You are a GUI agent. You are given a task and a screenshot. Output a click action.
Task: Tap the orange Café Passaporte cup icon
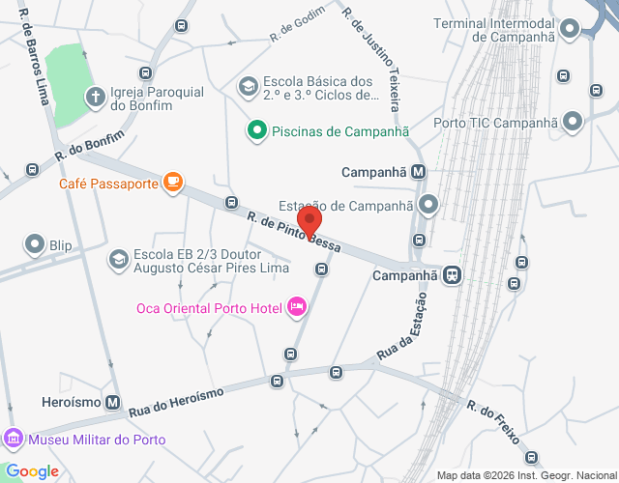point(173,182)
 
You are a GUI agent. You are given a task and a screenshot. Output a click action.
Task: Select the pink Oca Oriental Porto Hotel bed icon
point(296,307)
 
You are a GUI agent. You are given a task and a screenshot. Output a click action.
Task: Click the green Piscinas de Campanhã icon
point(256,129)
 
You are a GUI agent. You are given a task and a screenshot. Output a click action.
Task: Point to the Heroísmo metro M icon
point(113,402)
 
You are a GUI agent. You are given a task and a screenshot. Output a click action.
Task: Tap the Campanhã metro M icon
point(418,172)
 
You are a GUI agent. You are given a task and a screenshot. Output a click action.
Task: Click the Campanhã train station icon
point(452,275)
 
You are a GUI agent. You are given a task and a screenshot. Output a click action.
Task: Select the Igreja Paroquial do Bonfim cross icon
point(96,96)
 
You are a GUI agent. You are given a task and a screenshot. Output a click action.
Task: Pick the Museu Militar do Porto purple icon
point(14,440)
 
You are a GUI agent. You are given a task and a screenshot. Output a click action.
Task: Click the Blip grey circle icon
point(36,244)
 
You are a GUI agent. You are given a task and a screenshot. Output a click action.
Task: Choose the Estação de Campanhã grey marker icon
point(428,206)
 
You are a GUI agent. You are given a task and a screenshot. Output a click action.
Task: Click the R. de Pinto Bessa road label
point(293,233)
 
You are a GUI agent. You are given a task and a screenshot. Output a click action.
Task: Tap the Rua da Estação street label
point(401,340)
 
